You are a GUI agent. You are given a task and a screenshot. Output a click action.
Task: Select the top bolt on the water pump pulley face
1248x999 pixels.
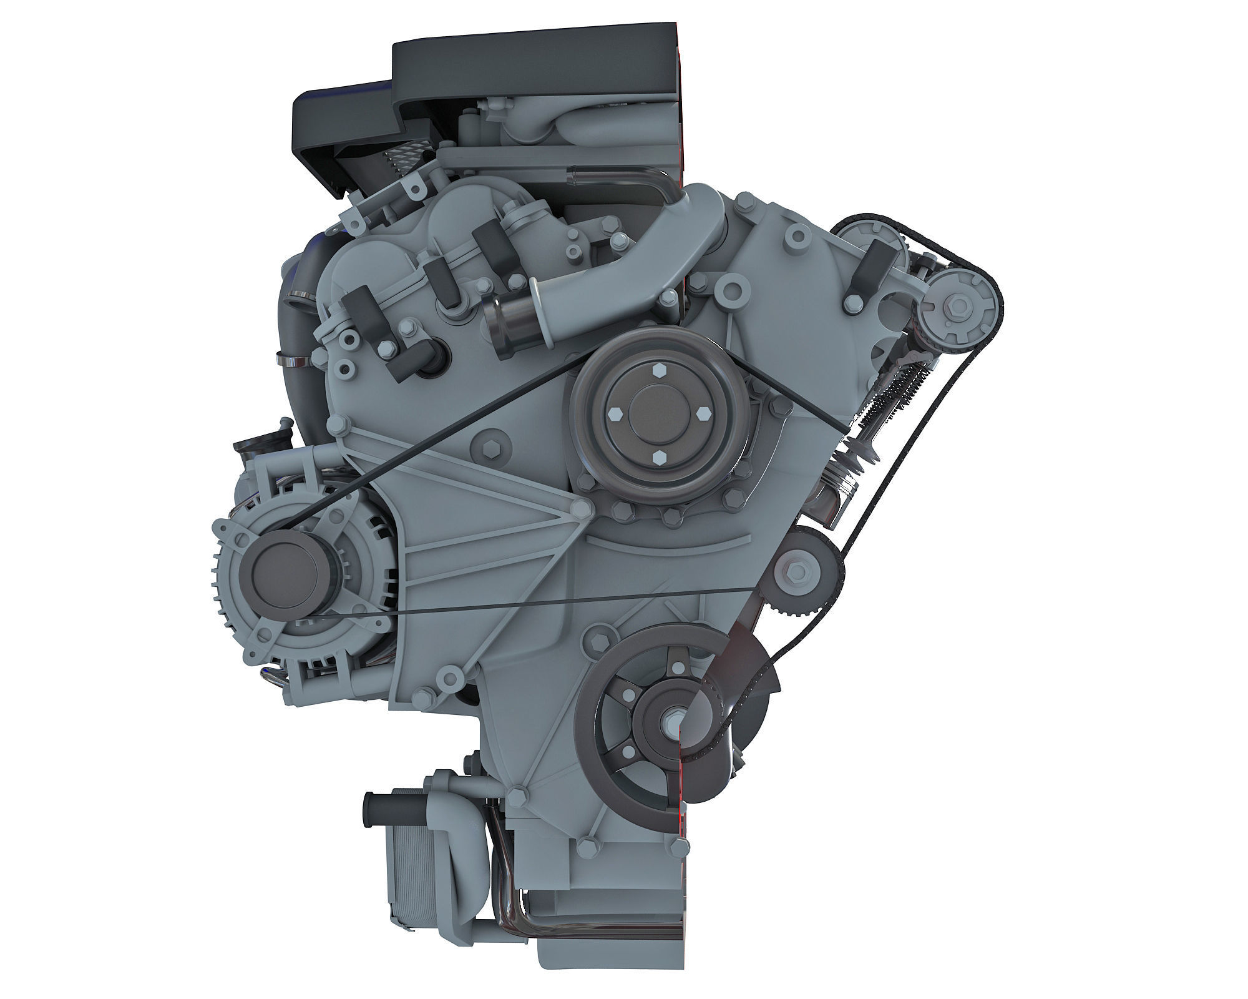tap(660, 369)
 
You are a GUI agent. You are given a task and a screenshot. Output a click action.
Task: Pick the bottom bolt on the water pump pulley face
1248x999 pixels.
tap(659, 458)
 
